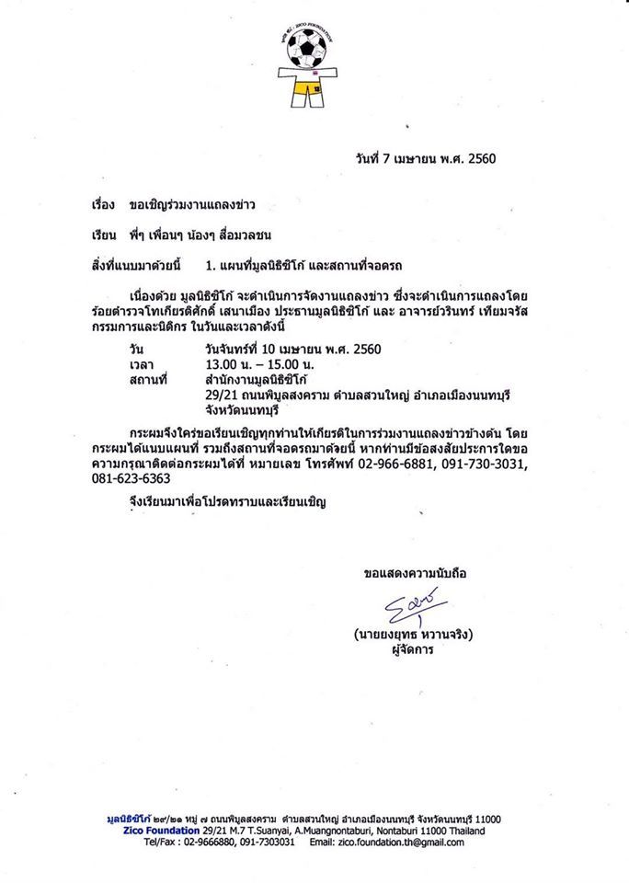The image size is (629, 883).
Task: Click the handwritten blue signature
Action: pos(413,608)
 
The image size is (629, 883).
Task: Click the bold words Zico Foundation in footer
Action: pos(150,831)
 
